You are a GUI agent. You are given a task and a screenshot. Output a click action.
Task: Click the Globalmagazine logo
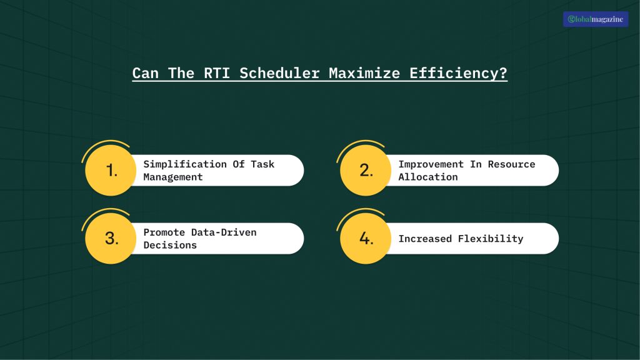(x=596, y=19)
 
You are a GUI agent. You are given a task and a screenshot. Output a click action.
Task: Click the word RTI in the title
(x=216, y=73)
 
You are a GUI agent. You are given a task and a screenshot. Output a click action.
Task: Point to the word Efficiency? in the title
(x=458, y=73)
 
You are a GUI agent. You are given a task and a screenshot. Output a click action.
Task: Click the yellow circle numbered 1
(x=111, y=170)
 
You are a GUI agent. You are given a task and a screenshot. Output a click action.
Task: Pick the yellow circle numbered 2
(x=366, y=170)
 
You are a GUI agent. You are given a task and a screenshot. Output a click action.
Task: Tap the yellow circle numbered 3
(x=111, y=238)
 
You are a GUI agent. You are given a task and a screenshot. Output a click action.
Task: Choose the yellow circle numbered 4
(x=366, y=238)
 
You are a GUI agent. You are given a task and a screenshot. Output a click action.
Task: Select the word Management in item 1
(x=173, y=177)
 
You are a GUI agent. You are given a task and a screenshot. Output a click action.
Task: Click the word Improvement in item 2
(x=431, y=164)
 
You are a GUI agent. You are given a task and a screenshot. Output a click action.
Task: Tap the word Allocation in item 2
(x=428, y=177)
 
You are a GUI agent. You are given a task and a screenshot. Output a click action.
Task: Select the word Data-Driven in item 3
(x=222, y=232)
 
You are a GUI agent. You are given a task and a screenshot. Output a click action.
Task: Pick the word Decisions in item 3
(x=170, y=245)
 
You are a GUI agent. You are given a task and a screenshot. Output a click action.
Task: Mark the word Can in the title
(x=145, y=73)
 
